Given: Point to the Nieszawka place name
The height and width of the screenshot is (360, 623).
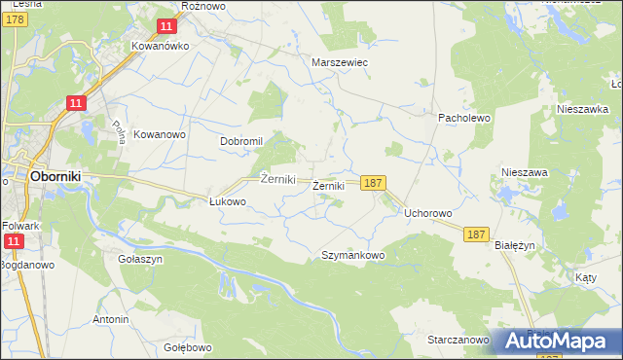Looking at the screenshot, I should [x=582, y=110].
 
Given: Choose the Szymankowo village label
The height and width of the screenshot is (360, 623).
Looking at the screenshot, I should [x=353, y=255].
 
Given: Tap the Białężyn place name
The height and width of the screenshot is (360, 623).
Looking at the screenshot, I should [x=516, y=246].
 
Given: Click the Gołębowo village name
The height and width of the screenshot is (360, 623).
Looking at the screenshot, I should [x=188, y=347].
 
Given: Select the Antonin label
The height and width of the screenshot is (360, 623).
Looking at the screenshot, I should [x=111, y=319].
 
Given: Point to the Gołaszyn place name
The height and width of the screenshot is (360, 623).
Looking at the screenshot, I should [x=140, y=260].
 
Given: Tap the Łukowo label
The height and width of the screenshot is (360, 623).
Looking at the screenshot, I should [x=228, y=202].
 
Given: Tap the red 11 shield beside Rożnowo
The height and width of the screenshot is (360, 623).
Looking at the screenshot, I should [x=167, y=25].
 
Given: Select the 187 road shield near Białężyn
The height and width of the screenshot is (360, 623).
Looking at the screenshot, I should [x=476, y=234].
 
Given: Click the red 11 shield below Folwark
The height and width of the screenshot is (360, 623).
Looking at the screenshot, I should [x=14, y=241].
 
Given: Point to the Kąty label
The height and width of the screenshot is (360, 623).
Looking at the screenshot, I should [x=586, y=277].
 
